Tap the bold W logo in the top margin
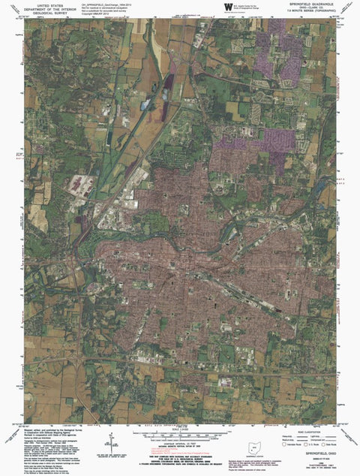(x=226, y=7)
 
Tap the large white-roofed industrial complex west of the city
(x=80, y=185)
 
